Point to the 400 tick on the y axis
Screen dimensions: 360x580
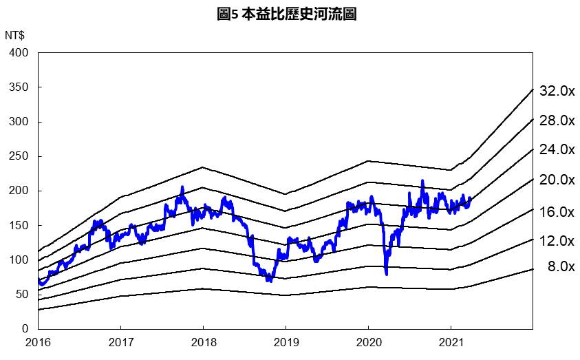(x=19, y=53)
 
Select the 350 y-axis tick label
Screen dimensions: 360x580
(x=19, y=87)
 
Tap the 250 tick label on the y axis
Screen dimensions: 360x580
(x=19, y=156)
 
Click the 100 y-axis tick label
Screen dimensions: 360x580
(x=19, y=260)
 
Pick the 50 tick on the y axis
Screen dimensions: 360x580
(x=22, y=294)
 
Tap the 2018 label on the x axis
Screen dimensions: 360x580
(x=203, y=342)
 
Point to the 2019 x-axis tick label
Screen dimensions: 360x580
(x=286, y=342)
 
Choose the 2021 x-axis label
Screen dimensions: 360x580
(x=450, y=342)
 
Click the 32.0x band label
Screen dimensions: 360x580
(x=557, y=91)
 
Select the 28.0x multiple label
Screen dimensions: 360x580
(x=557, y=120)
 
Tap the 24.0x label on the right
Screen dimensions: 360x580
(x=557, y=149)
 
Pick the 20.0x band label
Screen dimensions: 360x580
(x=557, y=180)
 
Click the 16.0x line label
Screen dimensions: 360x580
(x=557, y=211)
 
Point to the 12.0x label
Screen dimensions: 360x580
(x=557, y=241)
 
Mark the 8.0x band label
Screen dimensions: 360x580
(x=560, y=266)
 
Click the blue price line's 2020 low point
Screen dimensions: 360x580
(x=386, y=274)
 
